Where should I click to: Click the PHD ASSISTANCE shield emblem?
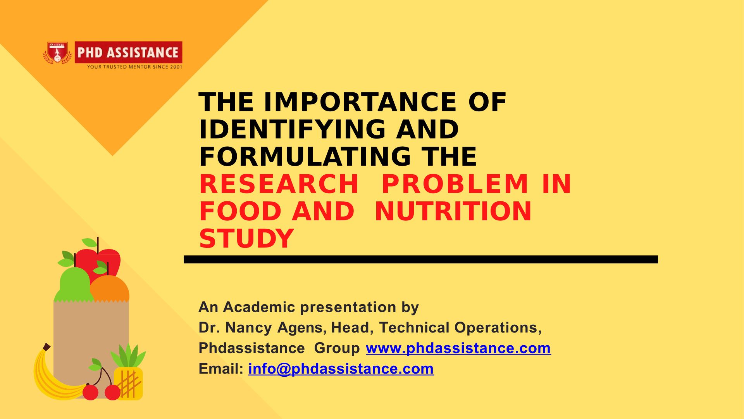(x=57, y=53)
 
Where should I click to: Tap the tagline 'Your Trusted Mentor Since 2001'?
(x=134, y=67)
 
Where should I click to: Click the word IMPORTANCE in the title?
(x=360, y=102)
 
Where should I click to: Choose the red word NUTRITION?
(x=453, y=211)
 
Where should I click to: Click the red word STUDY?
(x=246, y=238)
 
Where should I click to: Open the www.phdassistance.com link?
(x=458, y=348)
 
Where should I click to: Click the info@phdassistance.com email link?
(x=341, y=369)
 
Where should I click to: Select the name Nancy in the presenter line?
(x=248, y=328)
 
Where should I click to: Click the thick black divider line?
(x=421, y=260)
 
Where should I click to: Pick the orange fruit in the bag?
(x=110, y=289)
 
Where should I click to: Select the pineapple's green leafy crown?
(x=128, y=355)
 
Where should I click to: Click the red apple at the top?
(x=99, y=262)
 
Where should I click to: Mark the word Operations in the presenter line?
(x=498, y=328)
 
